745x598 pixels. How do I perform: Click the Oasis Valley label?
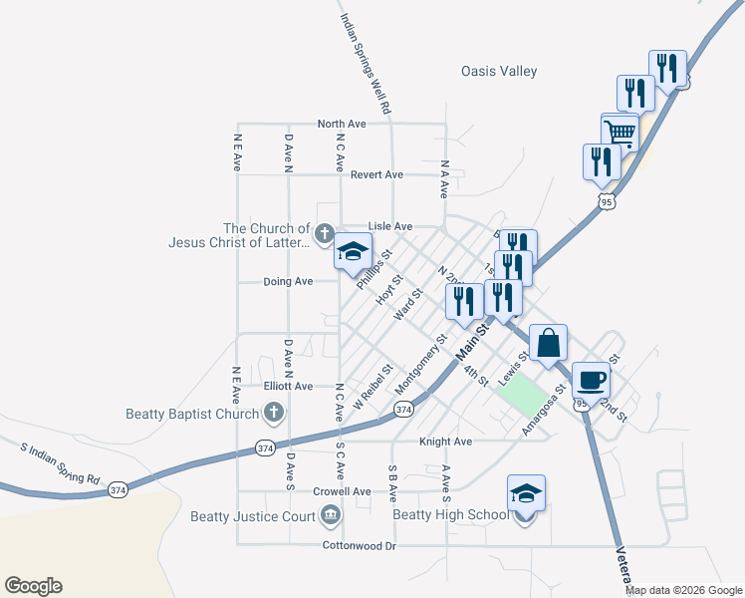pyautogui.click(x=499, y=71)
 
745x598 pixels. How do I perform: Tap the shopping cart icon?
pyautogui.click(x=620, y=131)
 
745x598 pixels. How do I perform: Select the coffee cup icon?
pyautogui.click(x=591, y=380)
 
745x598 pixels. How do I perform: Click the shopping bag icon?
pyautogui.click(x=548, y=343)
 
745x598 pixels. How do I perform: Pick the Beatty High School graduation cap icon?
pyautogui.click(x=526, y=493)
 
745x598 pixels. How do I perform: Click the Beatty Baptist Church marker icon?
pyautogui.click(x=273, y=413)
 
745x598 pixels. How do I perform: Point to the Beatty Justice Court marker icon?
pyautogui.click(x=330, y=515)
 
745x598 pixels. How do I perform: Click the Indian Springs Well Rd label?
pyautogui.click(x=364, y=61)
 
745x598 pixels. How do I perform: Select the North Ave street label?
pyautogui.click(x=342, y=124)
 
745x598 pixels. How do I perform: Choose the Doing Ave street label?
pyautogui.click(x=288, y=281)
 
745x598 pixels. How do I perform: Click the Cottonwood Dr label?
pyautogui.click(x=360, y=545)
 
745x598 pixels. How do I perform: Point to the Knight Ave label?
pyautogui.click(x=445, y=441)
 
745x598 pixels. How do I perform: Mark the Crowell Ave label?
pyautogui.click(x=342, y=491)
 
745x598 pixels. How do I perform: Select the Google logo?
pyautogui.click(x=33, y=586)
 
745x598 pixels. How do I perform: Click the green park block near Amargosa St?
pyautogui.click(x=525, y=397)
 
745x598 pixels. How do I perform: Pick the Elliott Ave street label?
pyautogui.click(x=288, y=386)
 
